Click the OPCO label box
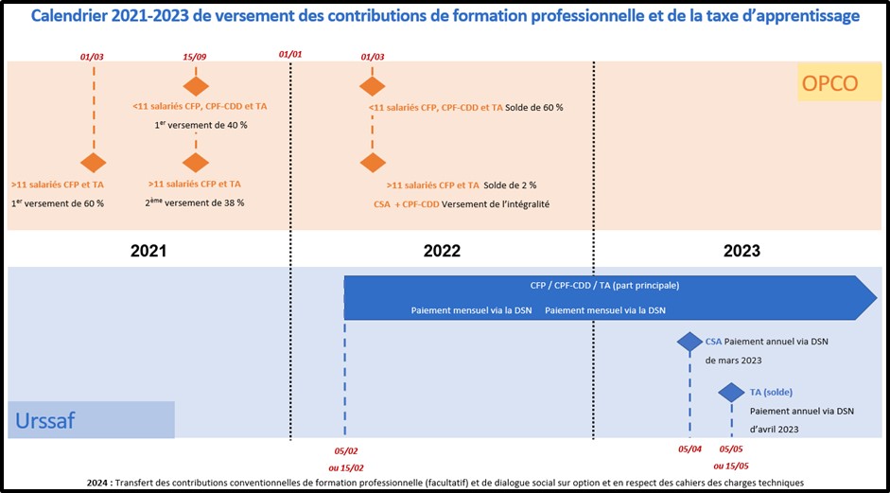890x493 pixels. [829, 83]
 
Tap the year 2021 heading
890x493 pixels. [148, 251]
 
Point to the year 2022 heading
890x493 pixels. [442, 251]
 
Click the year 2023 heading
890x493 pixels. [741, 251]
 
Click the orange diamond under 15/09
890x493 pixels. [195, 86]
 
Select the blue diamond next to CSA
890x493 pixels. [689, 342]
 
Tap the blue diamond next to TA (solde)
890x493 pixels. [731, 392]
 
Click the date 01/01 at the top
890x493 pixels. [290, 55]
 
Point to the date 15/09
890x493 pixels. [195, 57]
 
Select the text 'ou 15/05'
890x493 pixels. [732, 466]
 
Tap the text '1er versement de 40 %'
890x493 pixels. [200, 125]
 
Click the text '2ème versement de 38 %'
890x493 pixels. [195, 202]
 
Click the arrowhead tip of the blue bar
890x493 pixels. [876, 298]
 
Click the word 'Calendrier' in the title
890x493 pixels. [78, 16]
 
